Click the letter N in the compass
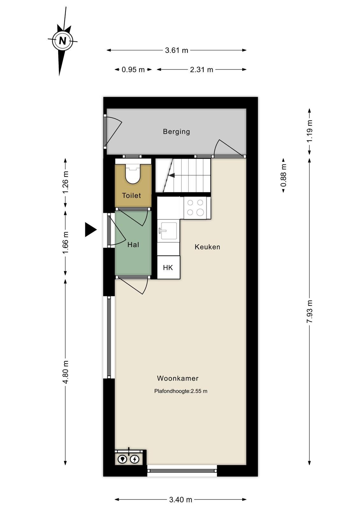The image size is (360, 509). [62, 41]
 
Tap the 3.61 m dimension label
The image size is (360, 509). [176, 50]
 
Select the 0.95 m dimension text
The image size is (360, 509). [133, 70]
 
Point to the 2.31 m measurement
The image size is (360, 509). [201, 70]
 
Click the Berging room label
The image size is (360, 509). [176, 132]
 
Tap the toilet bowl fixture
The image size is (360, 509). [133, 174]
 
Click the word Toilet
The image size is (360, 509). [131, 195]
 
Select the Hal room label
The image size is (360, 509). [133, 245]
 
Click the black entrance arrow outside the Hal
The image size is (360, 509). [91, 230]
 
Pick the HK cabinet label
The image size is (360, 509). [168, 268]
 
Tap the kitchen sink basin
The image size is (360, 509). [169, 231]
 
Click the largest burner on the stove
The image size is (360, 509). [200, 213]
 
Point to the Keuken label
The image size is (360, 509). [208, 247]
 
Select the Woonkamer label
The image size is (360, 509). [178, 378]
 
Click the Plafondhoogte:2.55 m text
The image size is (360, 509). [181, 391]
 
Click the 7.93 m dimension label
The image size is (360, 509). [309, 311]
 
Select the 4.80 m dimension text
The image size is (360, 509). [66, 372]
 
